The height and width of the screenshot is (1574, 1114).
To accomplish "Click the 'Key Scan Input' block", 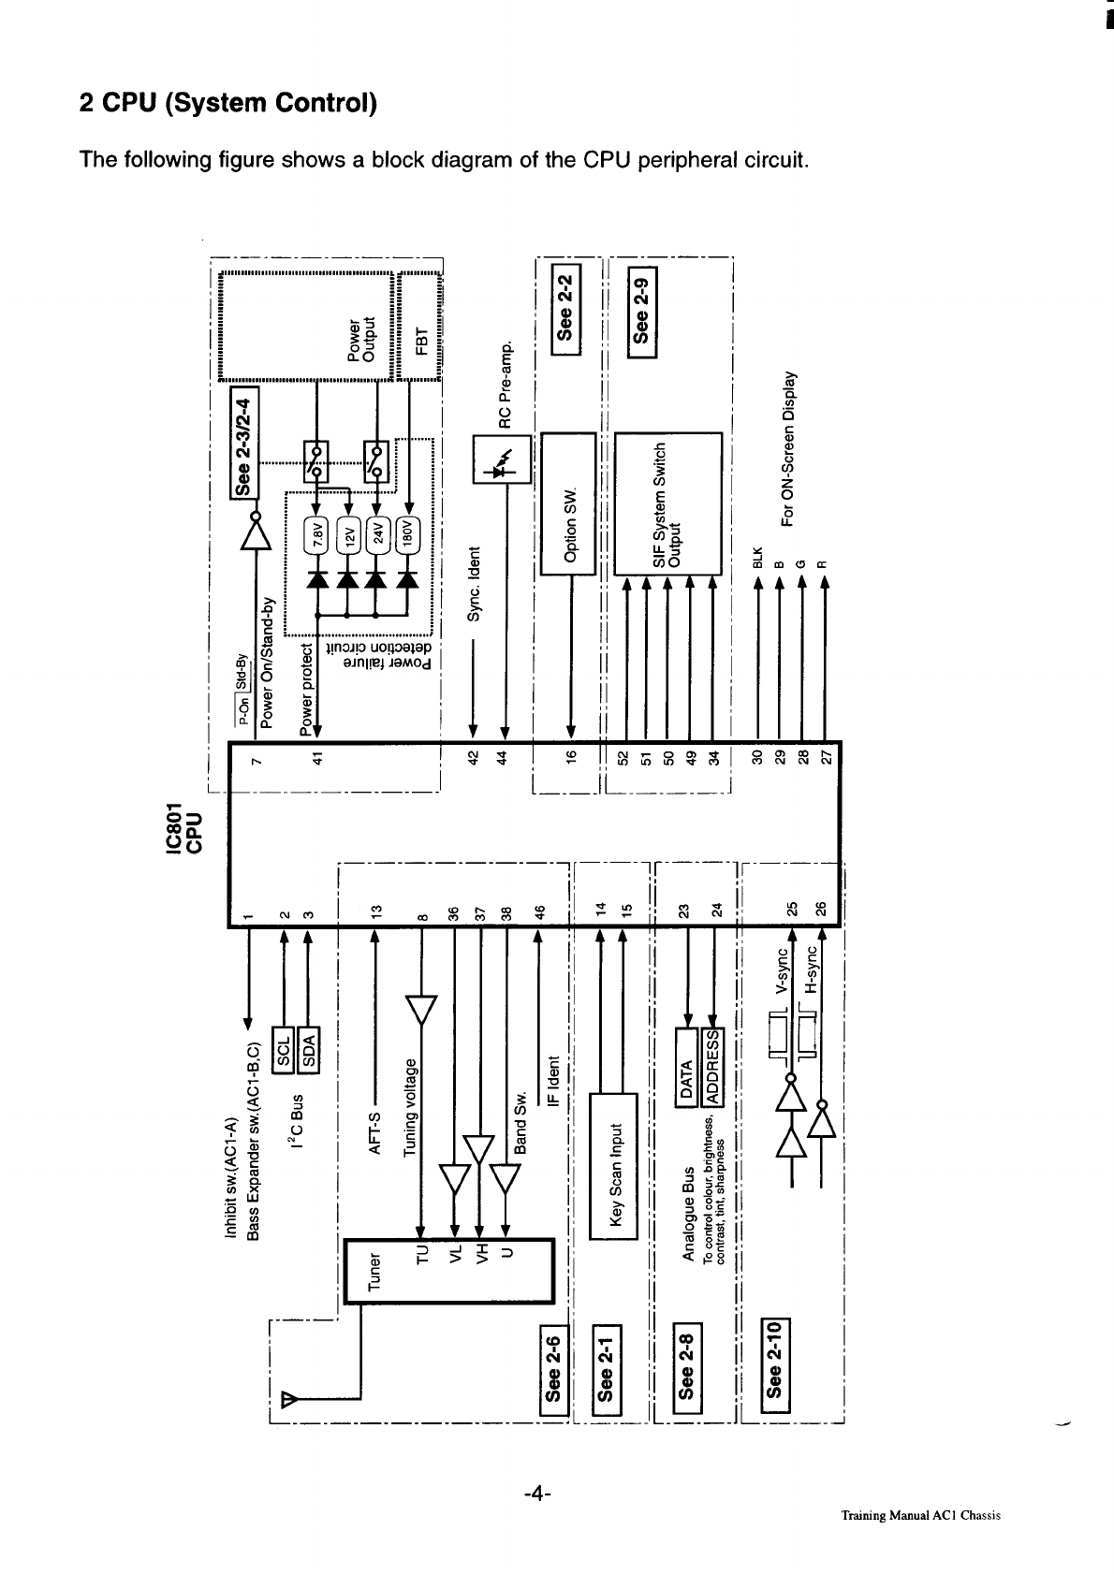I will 614,1166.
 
